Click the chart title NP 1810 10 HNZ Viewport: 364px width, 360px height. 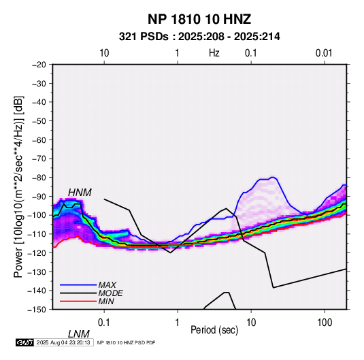(199, 19)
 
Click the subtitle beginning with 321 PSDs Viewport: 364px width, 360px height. (199, 37)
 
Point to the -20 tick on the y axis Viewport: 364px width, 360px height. (39, 65)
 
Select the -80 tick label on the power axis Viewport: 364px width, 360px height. (39, 178)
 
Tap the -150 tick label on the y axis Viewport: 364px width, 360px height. (37, 310)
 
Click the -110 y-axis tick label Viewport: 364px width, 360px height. (37, 234)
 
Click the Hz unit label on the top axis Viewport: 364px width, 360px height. (214, 53)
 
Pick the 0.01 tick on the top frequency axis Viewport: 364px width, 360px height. (324, 53)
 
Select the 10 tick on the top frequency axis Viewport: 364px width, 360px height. (104, 53)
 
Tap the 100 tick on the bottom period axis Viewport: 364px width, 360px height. (325, 323)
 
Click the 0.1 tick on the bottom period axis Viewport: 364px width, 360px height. (104, 323)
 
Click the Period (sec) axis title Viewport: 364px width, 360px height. (214, 330)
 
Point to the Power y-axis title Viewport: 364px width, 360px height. (18, 186)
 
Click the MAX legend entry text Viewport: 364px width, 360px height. (107, 285)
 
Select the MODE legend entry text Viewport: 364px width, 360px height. (110, 293)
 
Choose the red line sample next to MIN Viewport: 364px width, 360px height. (78, 301)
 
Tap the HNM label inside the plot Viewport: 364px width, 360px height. (80, 193)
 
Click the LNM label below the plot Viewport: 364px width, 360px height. (78, 334)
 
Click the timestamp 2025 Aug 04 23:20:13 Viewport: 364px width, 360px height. (63, 342)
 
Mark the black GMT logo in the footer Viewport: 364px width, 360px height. (25, 342)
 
